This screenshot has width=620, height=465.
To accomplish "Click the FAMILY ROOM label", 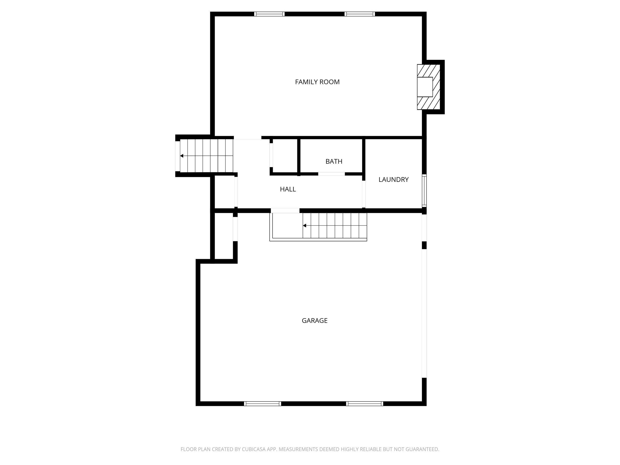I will [317, 82].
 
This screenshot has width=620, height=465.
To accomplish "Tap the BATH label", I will [334, 161].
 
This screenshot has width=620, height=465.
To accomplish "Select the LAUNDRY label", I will [394, 180].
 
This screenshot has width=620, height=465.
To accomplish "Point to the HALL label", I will [288, 189].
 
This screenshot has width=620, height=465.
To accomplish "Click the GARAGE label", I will [314, 321].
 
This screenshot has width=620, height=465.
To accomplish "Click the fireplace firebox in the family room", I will [425, 87].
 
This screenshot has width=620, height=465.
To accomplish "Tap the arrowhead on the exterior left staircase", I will [182, 156].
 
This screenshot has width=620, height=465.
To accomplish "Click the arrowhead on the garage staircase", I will [304, 226].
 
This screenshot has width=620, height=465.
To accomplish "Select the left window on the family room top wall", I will [269, 14].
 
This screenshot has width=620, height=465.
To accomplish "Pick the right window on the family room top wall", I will [360, 14].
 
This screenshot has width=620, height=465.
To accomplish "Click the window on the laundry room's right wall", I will [424, 191].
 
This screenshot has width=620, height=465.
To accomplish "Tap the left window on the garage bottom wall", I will [262, 403].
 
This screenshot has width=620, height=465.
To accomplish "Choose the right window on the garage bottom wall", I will [364, 403].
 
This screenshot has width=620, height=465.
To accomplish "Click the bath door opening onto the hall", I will [331, 174].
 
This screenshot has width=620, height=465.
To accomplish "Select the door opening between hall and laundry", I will [364, 194].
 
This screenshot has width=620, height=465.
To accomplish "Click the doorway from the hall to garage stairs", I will [285, 211].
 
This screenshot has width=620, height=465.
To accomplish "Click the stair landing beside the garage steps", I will [287, 226].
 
